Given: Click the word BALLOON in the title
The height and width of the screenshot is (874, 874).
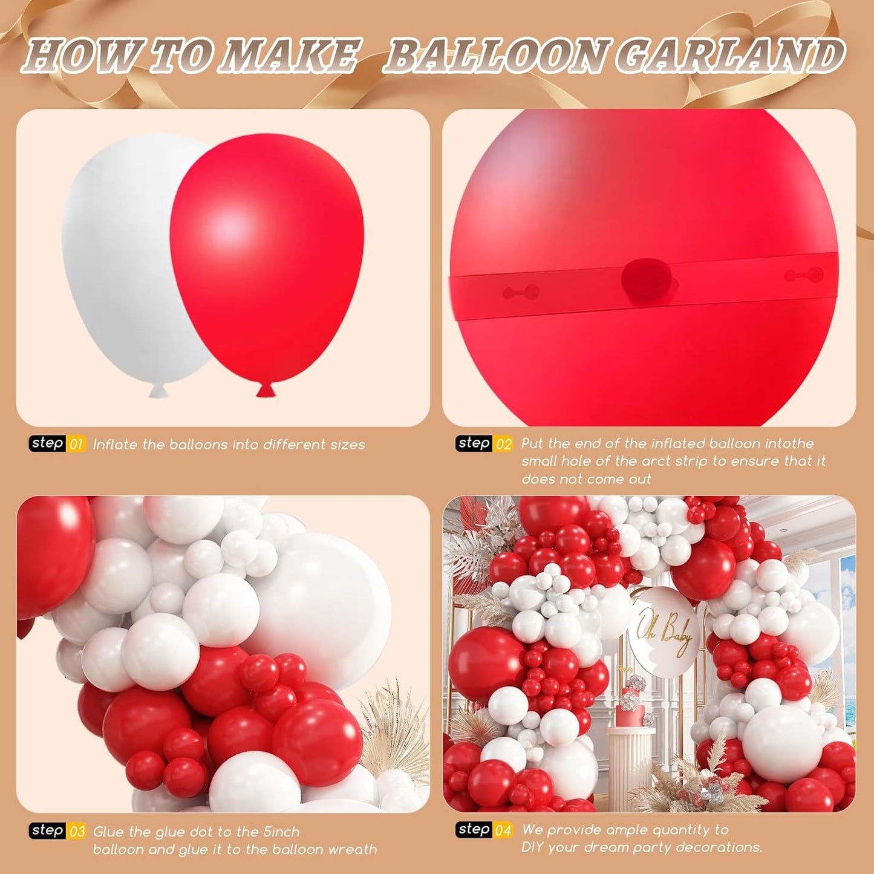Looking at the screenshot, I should click(x=496, y=56).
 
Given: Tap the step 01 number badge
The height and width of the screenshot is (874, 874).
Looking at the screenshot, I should click(x=76, y=445).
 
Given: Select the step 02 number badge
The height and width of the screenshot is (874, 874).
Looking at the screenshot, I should click(x=503, y=444).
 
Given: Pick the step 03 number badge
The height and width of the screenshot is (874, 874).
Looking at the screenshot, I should click(x=77, y=832).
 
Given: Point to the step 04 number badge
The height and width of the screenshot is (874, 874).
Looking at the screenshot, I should click(x=503, y=830).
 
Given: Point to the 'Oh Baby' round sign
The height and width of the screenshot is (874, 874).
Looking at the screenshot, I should click(x=664, y=632).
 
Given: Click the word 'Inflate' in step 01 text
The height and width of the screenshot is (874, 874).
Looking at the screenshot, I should click(x=115, y=445).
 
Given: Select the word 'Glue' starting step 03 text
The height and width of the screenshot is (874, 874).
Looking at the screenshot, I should click(x=108, y=832).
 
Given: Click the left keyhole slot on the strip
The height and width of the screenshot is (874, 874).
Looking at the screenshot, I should click(x=521, y=293).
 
